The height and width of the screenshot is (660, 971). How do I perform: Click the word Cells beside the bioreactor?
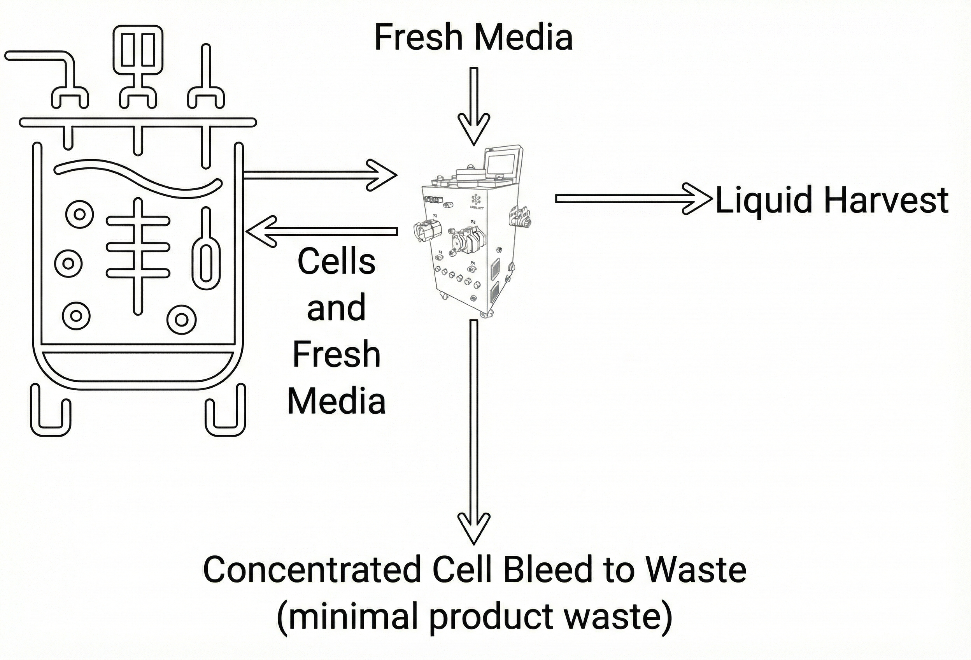pos(337,262)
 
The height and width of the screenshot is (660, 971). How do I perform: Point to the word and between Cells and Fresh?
pos(337,308)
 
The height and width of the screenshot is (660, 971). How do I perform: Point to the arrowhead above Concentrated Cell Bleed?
pos(474,528)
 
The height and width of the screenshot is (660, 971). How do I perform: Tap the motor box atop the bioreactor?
pos(138,50)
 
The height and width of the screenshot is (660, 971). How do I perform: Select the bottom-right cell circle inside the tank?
pos(181,319)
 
